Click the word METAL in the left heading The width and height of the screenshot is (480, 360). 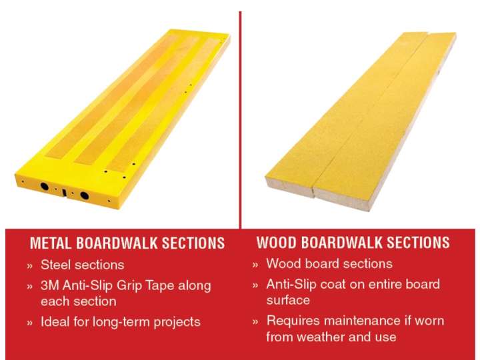pyautogui.click(x=51, y=243)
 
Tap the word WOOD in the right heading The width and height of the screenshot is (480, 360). pyautogui.click(x=277, y=242)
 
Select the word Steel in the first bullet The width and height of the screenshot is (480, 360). pyautogui.click(x=55, y=265)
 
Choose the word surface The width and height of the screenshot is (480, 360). pyautogui.click(x=288, y=301)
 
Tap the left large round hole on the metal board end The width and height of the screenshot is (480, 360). pyautogui.click(x=45, y=186)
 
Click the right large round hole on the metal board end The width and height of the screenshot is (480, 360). pyautogui.click(x=85, y=195)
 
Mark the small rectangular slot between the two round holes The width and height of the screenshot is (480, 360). pyautogui.click(x=65, y=193)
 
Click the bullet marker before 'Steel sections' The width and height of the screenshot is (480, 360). pyautogui.click(x=30, y=266)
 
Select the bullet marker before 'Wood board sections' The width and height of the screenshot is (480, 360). pyautogui.click(x=255, y=265)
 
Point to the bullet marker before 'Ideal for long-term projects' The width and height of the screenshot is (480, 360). pyautogui.click(x=30, y=323)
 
